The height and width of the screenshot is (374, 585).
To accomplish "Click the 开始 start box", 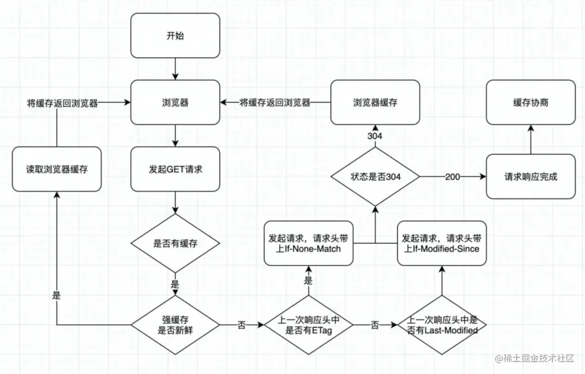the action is click(175, 36).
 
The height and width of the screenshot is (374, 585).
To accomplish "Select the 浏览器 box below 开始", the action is click(175, 102).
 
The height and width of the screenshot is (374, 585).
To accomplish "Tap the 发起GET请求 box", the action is click(175, 169).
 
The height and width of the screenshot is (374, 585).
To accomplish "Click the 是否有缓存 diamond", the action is click(175, 243).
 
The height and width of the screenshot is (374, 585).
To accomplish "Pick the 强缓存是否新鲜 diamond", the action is click(175, 325).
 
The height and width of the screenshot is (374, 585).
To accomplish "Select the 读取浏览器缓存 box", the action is click(56, 169).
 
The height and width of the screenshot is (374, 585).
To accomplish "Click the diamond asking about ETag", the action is click(309, 325).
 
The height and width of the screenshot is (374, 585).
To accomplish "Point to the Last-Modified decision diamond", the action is click(442, 325).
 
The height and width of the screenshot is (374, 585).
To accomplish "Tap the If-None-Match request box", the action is click(309, 243).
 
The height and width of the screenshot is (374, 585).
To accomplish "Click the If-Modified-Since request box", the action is click(442, 243).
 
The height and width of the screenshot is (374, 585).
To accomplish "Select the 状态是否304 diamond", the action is click(375, 177).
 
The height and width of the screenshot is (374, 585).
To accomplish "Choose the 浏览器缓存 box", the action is click(375, 102).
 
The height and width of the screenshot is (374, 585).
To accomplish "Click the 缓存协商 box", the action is click(531, 102).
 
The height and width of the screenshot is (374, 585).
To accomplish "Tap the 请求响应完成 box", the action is click(531, 177).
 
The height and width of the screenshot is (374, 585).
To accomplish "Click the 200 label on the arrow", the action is click(452, 177).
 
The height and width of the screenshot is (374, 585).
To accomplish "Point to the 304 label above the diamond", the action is click(375, 135).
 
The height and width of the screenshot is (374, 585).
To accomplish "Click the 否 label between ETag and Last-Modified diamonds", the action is click(375, 325).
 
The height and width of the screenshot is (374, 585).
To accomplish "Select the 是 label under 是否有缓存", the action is click(175, 284).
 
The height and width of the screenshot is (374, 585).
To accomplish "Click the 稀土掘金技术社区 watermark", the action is click(534, 359).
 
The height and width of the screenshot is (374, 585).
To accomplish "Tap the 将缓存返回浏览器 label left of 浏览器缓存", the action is click(274, 103).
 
